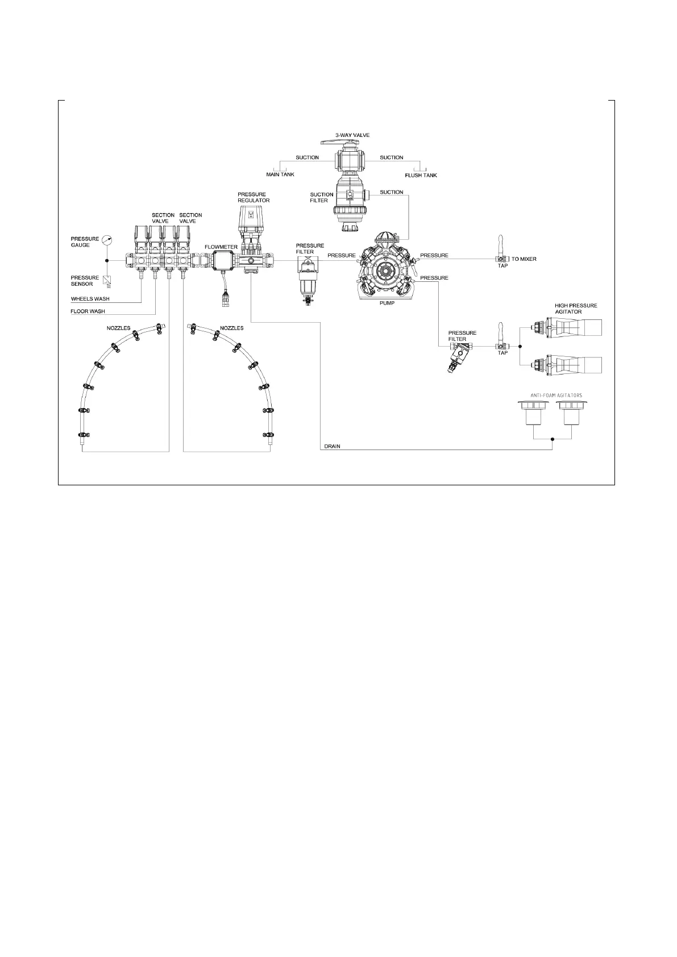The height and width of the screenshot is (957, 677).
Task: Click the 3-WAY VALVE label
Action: coord(352,135)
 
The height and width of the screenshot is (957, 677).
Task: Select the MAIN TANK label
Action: coord(280,174)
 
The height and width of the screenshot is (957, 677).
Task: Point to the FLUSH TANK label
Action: coord(421,176)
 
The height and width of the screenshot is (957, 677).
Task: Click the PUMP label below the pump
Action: coord(387,303)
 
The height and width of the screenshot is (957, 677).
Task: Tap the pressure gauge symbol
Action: coord(108,241)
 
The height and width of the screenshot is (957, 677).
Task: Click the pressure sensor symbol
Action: coord(108,280)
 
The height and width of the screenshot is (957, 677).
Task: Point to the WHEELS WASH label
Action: coord(90,299)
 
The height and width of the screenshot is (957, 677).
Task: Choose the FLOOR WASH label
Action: coord(88,311)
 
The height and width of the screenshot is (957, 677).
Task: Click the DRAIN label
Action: coord(332,447)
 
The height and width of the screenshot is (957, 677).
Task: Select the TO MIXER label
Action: coord(524,259)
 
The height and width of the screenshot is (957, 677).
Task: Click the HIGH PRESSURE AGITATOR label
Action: coord(575,309)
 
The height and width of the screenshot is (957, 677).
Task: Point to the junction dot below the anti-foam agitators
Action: coord(553,439)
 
